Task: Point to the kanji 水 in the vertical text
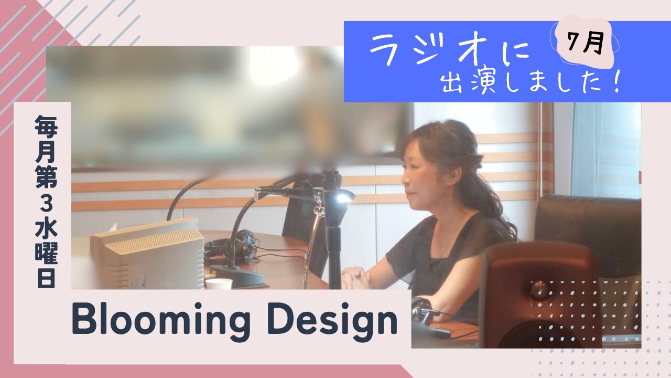pos(46,231)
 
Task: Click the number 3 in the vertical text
pos(46,205)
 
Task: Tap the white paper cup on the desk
pos(219,283)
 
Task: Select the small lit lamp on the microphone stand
pos(341,197)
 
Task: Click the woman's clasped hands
pos(356,278)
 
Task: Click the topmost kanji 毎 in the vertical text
pos(46,126)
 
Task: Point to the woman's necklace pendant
pos(442,255)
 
